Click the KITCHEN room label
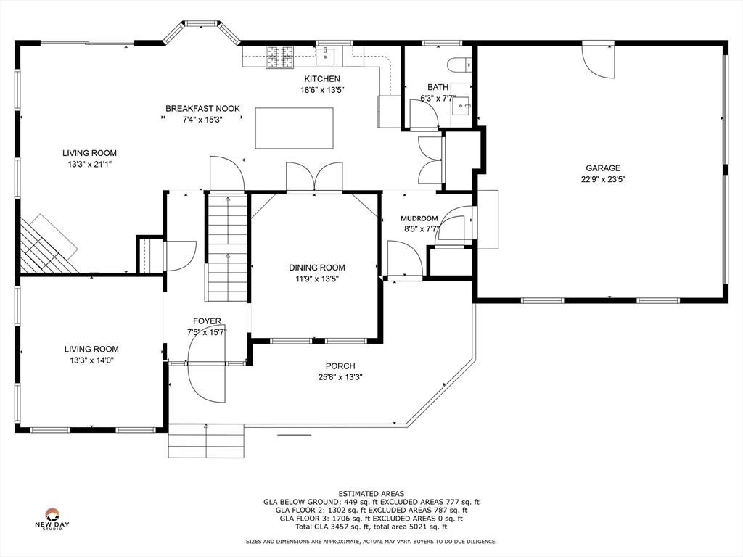[x=321, y=78]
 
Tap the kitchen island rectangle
[x=295, y=128]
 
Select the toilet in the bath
[x=459, y=64]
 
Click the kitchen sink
[x=325, y=56]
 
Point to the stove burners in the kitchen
[x=280, y=57]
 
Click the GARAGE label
[x=603, y=168]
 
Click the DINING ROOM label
[x=317, y=268]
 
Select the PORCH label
[x=340, y=366]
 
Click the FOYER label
[x=207, y=321]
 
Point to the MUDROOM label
[x=419, y=218]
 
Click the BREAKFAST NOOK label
[x=203, y=109]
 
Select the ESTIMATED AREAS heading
[x=371, y=493]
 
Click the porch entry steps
[x=206, y=441]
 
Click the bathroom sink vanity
[x=461, y=104]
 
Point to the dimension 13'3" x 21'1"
[x=89, y=165]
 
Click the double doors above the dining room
[x=314, y=177]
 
